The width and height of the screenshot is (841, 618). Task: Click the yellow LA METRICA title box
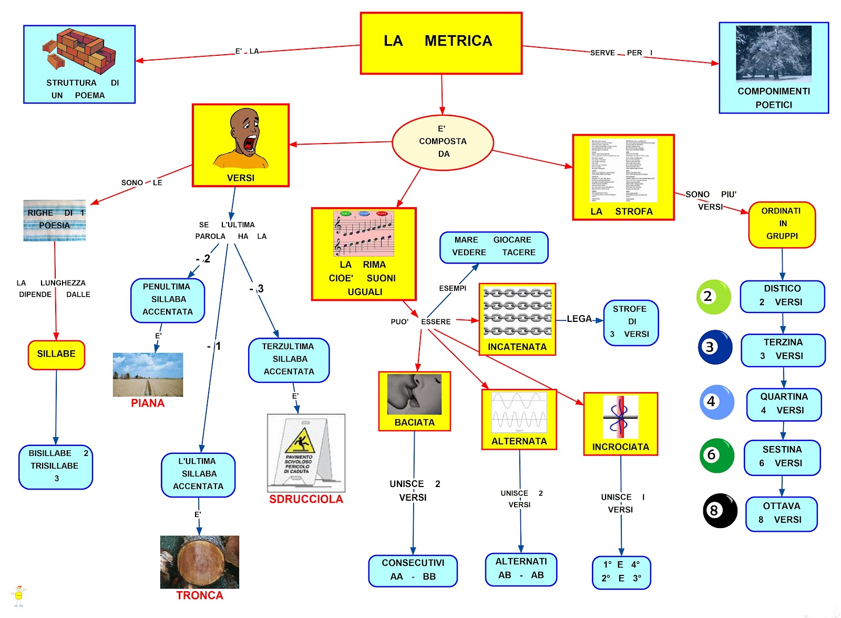coord(441,43)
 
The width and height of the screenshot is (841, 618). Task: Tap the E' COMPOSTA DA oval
coord(443,142)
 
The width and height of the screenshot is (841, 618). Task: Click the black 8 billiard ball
coord(720,510)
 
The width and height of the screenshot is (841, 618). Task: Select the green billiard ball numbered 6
coord(716,455)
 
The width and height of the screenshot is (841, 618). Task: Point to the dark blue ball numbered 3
coord(715,347)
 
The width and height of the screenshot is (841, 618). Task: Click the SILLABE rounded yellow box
coord(56,354)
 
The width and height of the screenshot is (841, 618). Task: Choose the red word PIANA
coord(148,403)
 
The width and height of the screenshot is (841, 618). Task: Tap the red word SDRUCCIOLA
coord(306,499)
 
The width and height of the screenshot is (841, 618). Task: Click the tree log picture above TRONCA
coord(199,562)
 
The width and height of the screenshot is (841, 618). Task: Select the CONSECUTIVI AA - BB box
coord(413,570)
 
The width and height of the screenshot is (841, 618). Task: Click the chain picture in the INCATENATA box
coord(517,312)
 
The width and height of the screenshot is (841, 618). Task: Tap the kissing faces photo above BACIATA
coord(414,394)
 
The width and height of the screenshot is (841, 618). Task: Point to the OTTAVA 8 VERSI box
coord(782,513)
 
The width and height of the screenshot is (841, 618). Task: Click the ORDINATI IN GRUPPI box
coord(782,224)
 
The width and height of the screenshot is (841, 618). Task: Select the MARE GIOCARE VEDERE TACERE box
coord(494,247)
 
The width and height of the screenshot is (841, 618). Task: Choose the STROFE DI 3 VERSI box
coord(631,322)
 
